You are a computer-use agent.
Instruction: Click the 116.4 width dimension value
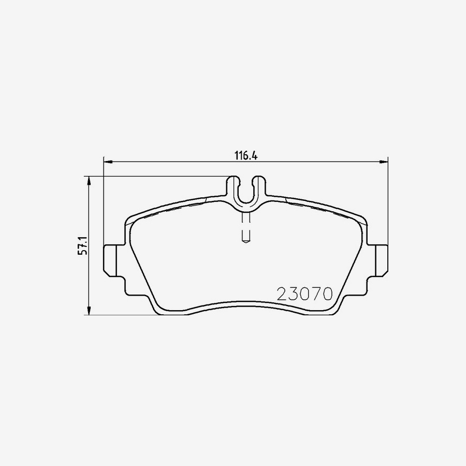click(246, 155)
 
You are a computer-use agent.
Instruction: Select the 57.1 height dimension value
click(81, 245)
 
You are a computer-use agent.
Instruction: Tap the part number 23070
click(304, 294)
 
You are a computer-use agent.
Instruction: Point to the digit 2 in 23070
click(283, 294)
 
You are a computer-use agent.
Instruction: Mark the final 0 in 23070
click(326, 294)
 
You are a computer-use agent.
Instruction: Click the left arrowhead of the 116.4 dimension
click(107, 162)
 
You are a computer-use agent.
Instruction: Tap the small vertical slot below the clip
click(246, 228)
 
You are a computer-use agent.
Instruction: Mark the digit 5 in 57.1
click(81, 252)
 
